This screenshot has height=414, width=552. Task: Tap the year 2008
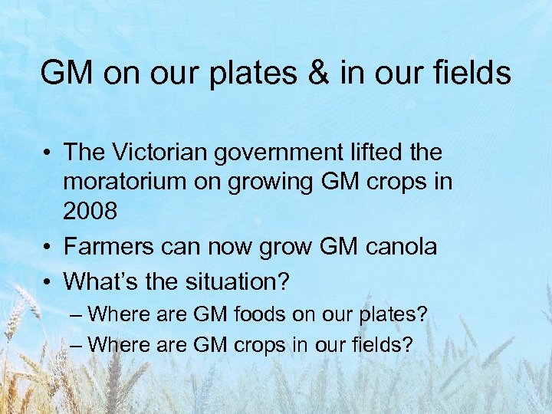tap(90, 211)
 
